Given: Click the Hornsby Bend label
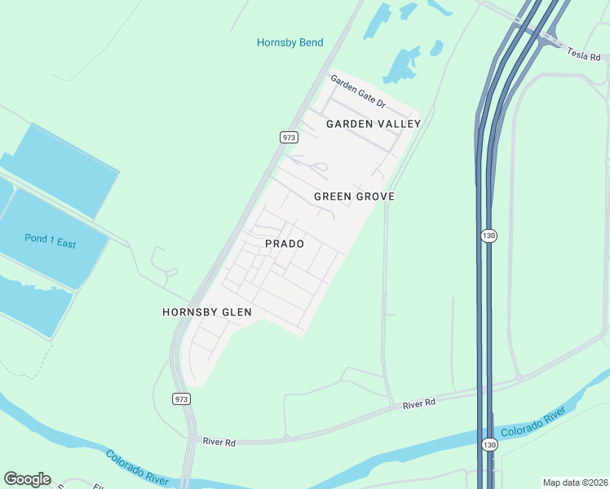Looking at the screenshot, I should point(290,42).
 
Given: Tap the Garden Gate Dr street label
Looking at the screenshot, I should point(357,90).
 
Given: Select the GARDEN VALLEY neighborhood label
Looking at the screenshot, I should point(374,124).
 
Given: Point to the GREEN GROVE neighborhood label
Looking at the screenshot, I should point(355,196).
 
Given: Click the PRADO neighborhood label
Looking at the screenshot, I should point(285,244).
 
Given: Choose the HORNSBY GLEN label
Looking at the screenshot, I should point(206,312).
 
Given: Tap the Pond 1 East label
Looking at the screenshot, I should point(50,242).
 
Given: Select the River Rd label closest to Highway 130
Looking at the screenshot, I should point(419,403).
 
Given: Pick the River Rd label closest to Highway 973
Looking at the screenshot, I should point(219,442).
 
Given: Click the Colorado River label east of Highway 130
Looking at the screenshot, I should point(533,424).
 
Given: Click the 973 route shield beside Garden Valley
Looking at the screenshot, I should point(289,138).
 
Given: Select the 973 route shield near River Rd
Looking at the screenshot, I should point(182,399).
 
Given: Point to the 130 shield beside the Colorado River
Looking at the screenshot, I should point(488,444).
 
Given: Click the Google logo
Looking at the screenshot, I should point(27,479).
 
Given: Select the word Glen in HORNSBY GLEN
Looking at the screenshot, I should point(237,312).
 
